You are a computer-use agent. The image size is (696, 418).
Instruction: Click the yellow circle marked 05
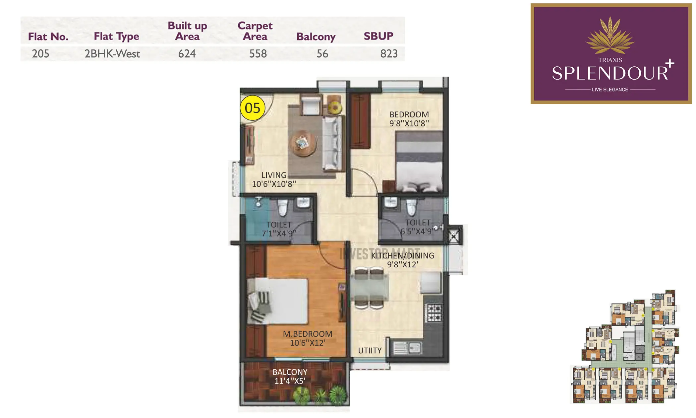pyautogui.click(x=253, y=108)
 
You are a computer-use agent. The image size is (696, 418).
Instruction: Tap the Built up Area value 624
pyautogui.click(x=187, y=54)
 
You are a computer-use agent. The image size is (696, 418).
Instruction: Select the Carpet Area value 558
pyautogui.click(x=258, y=54)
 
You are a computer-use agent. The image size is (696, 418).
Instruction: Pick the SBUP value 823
pyautogui.click(x=389, y=54)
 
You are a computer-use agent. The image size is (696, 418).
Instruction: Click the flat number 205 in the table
pyautogui.click(x=40, y=54)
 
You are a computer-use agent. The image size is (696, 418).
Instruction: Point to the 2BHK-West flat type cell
pyautogui.click(x=112, y=54)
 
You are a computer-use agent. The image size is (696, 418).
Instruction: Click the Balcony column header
pyautogui.click(x=316, y=36)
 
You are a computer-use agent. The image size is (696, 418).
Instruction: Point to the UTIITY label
pyautogui.click(x=370, y=351)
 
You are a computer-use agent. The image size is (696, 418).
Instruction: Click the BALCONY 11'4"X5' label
pyautogui.click(x=290, y=377)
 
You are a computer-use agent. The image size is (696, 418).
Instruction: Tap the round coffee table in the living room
pyautogui.click(x=303, y=144)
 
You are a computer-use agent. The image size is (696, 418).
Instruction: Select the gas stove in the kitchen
pyautogui.click(x=434, y=313)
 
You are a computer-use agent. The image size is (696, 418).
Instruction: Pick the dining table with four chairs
pyautogui.click(x=369, y=288)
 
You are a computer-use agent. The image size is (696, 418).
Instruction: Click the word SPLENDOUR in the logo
pyautogui.click(x=610, y=73)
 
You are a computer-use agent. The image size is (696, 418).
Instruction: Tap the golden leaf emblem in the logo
pyautogui.click(x=610, y=36)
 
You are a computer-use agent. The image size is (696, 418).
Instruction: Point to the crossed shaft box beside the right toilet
pyautogui.click(x=454, y=236)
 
